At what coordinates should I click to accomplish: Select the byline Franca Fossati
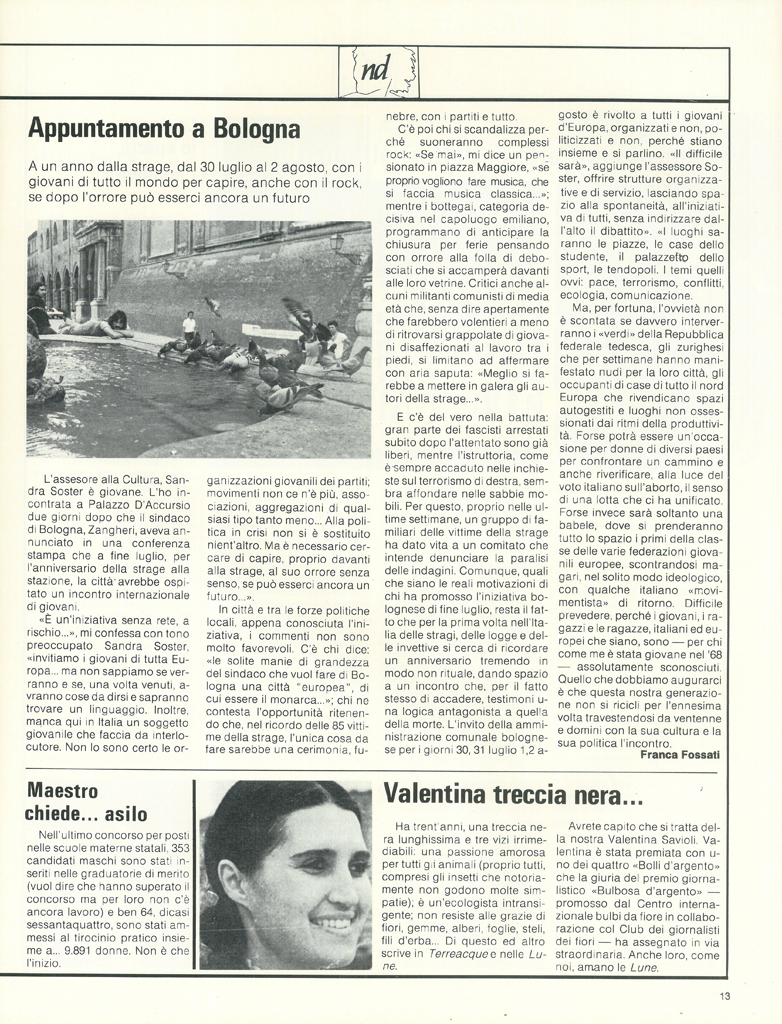click(x=680, y=755)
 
